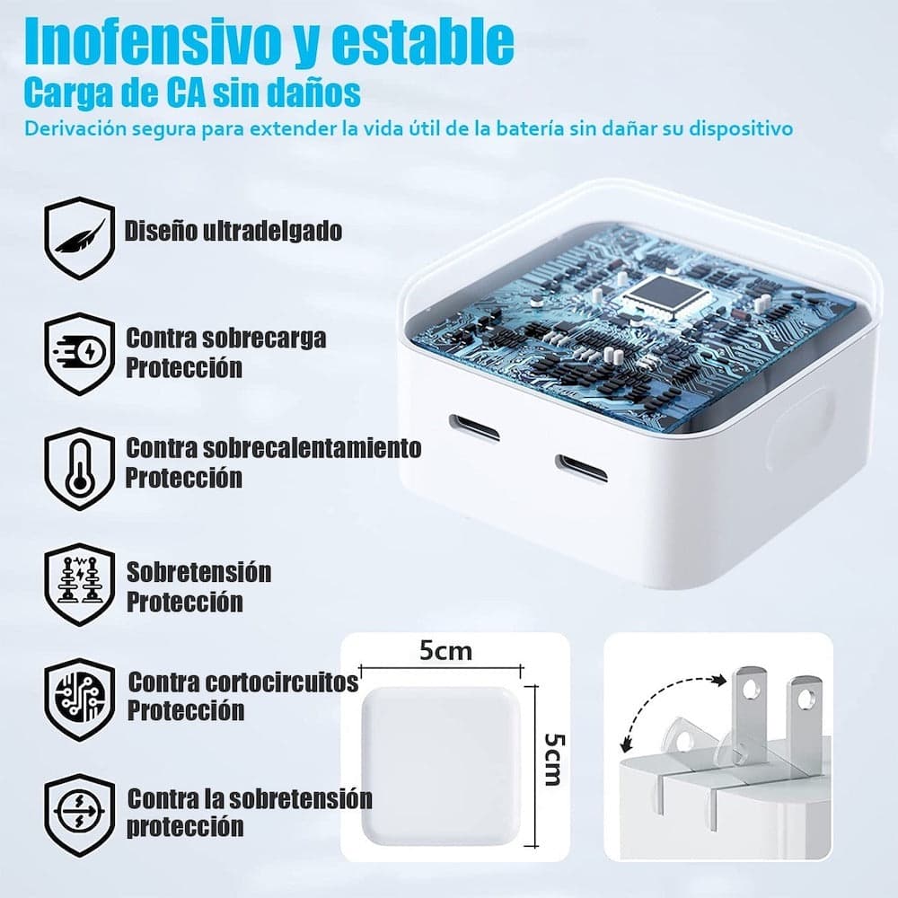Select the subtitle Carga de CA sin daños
[192, 92]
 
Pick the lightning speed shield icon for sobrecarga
[80, 353]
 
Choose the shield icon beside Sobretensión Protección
[80, 585]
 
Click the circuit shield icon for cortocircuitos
[80, 699]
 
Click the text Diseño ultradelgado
[233, 231]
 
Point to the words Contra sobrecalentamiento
[273, 446]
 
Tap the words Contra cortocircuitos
[242, 682]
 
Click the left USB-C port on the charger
[474, 427]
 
